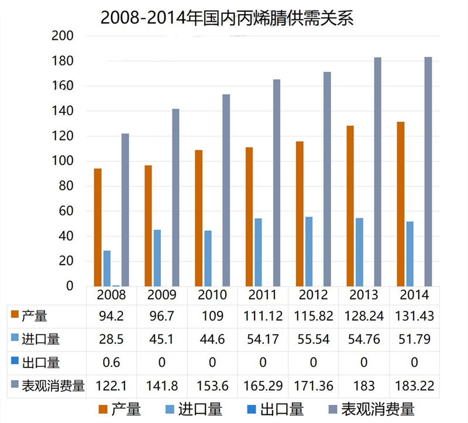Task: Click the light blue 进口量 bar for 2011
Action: [259, 252]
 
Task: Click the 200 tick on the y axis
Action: [63, 36]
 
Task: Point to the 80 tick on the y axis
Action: [66, 187]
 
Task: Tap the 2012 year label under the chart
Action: [314, 294]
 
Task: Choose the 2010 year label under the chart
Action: [212, 294]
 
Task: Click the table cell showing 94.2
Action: [111, 316]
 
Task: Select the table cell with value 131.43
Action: [414, 316]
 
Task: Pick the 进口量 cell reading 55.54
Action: [314, 339]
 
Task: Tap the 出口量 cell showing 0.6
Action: [111, 363]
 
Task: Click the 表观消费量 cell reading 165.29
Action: [263, 386]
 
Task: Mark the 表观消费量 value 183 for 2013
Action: [364, 386]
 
